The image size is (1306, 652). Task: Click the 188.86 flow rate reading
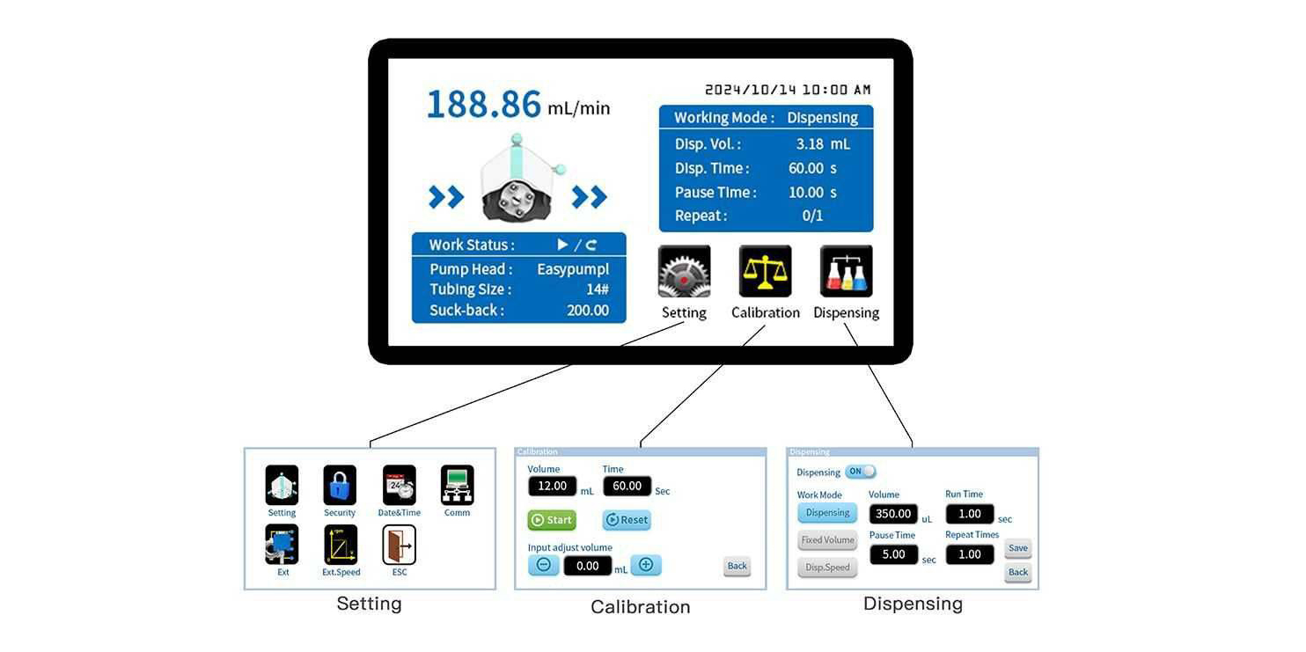[x=484, y=105]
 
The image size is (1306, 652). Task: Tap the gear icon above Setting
[x=684, y=271]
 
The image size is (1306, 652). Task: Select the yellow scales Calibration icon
[x=765, y=271]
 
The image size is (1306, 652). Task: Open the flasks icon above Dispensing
[x=846, y=271]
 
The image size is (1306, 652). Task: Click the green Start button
[x=552, y=520]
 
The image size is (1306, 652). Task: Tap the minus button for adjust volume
[x=543, y=565]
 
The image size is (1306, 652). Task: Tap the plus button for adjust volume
[x=646, y=565]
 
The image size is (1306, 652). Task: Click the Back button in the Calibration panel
[x=737, y=566]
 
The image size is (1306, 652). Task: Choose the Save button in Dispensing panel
[x=1018, y=547]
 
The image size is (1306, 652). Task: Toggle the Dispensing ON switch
[x=861, y=472]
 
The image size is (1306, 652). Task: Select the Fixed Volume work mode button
[x=827, y=540]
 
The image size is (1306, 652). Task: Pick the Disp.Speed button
[x=827, y=567]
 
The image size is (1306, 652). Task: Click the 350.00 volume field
[x=893, y=513]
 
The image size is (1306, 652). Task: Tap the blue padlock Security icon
[x=340, y=485]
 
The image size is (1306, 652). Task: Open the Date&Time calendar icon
[x=400, y=485]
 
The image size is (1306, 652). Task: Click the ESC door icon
[x=400, y=545]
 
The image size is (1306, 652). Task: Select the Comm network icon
[x=457, y=485]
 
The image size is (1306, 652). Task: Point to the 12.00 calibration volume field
[x=552, y=486]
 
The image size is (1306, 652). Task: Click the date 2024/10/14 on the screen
[x=751, y=90]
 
